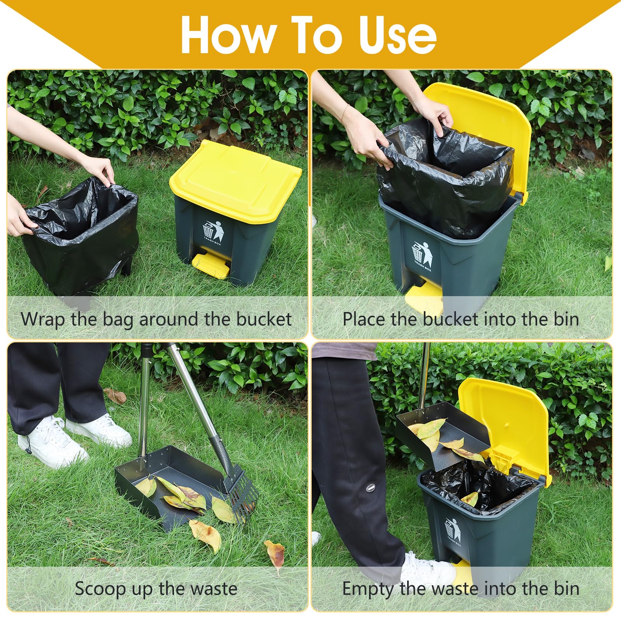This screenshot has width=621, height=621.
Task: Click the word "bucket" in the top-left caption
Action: [x=264, y=319]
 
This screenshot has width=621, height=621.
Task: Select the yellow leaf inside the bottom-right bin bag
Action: [x=470, y=499]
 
